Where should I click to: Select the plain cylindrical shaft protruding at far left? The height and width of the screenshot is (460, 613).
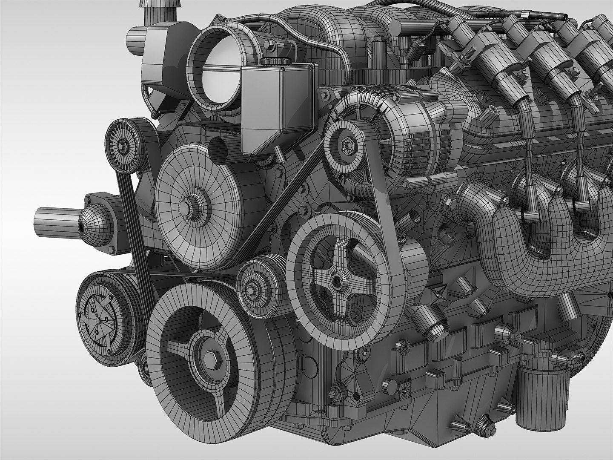point(53,221)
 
